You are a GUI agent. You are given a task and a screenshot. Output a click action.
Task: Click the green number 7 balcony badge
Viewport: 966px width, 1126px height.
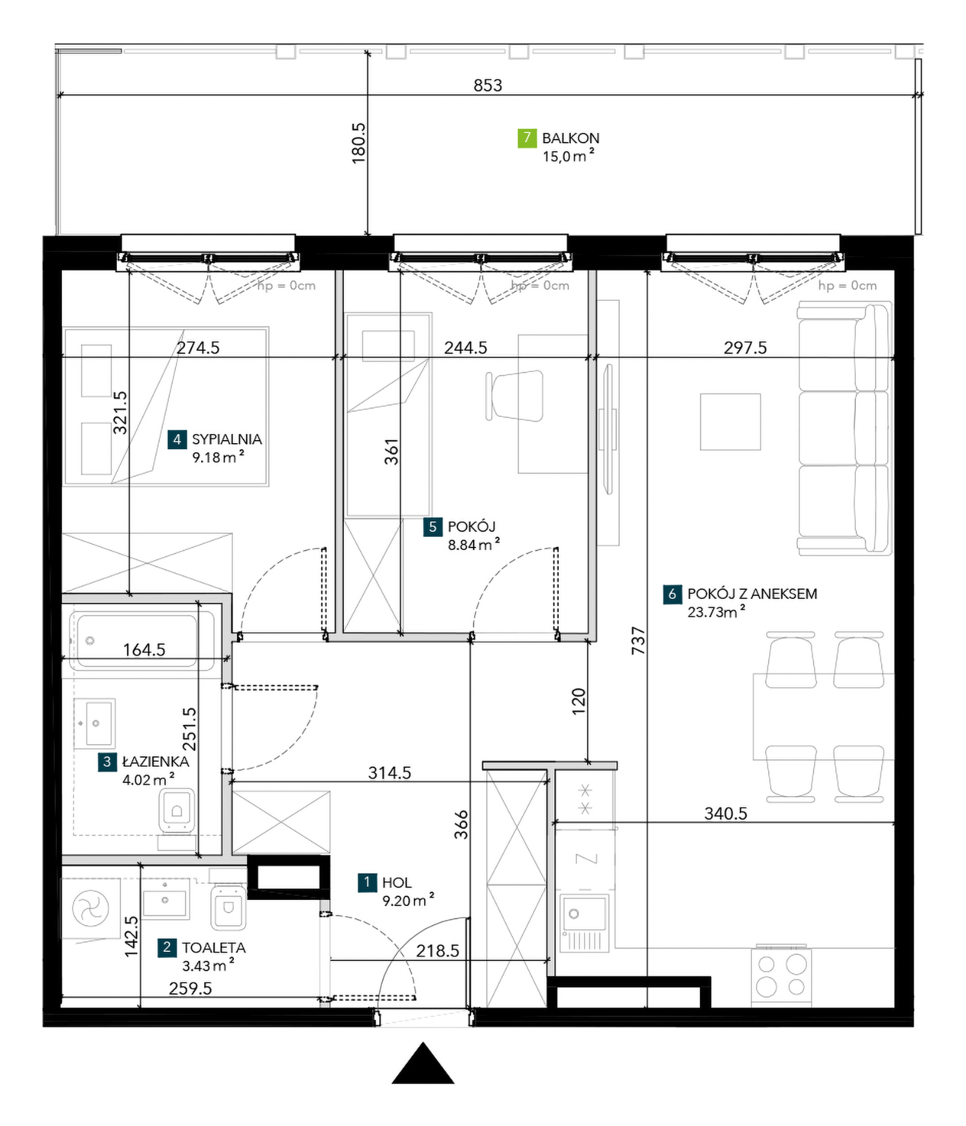527,138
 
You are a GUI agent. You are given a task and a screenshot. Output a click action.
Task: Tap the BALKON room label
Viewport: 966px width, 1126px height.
571,139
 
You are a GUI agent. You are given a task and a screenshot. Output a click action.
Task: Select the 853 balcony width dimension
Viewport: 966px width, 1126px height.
488,85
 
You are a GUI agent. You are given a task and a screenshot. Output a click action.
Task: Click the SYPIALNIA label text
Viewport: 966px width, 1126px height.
227,439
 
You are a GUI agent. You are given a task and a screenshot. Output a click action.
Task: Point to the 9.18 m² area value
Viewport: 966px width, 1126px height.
218,457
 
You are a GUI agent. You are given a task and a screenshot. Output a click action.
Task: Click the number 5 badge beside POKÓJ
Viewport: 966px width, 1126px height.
433,526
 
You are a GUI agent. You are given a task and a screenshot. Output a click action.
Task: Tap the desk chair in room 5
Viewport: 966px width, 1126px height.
514,396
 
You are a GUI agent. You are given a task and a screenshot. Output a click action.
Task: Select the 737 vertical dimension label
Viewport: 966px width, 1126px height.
638,640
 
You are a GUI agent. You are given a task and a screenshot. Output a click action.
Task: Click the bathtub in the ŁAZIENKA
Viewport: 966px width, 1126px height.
137,641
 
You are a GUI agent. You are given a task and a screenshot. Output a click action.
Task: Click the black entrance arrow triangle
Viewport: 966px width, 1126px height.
423,1062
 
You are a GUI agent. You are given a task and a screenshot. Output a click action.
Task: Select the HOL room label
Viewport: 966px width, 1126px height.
397,883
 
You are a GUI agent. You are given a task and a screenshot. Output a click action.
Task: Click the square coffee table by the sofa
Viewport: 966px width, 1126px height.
730,422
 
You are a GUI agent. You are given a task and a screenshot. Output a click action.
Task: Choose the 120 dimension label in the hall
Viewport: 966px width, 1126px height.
579,701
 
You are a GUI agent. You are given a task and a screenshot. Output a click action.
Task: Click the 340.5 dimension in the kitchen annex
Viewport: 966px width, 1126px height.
726,814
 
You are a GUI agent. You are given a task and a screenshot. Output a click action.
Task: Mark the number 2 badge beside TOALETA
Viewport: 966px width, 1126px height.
167,948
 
